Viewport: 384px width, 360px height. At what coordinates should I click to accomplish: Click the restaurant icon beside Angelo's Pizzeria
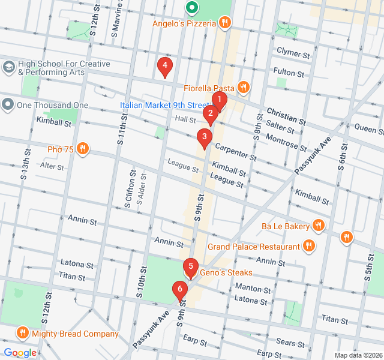(225, 23)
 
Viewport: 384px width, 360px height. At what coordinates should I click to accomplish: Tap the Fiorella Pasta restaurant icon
(243, 87)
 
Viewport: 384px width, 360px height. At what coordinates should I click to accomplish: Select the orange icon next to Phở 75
(83, 149)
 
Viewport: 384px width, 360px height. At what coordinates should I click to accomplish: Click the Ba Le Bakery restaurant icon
(319, 226)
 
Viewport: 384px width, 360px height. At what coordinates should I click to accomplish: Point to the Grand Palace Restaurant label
(253, 247)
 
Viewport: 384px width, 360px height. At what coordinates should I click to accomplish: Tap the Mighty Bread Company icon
(23, 333)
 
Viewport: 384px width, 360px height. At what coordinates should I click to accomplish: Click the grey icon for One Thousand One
(8, 105)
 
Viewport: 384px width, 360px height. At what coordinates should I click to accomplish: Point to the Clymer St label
(293, 53)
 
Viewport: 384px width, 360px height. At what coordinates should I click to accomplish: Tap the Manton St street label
(252, 288)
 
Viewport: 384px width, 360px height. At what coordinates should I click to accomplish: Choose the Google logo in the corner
(20, 353)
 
